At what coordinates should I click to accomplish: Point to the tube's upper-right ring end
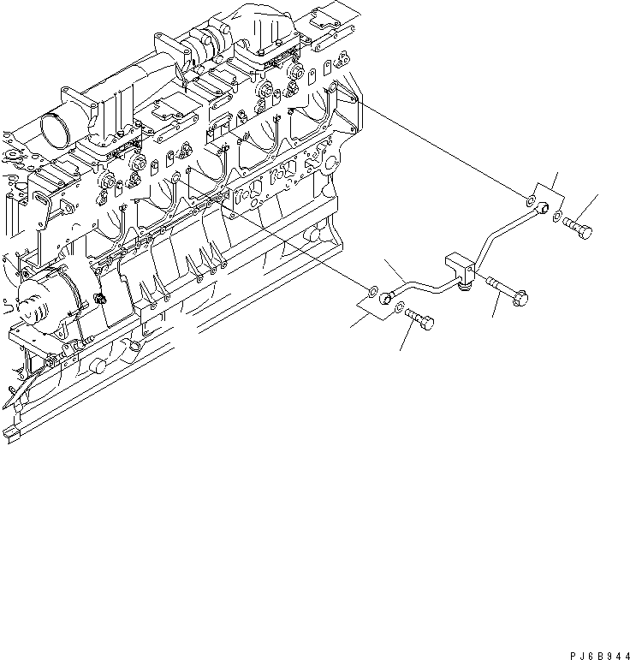[x=544, y=208]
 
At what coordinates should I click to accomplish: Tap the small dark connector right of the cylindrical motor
[x=100, y=297]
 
